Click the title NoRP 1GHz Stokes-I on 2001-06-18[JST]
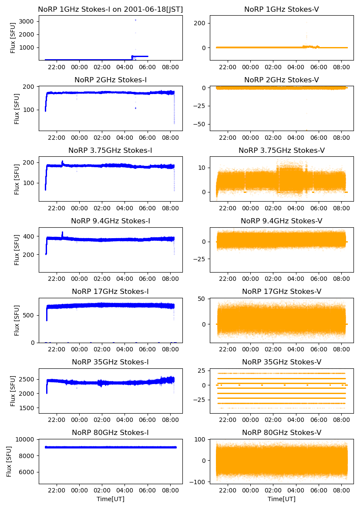(x=111, y=9)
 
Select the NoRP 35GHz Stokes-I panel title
(x=111, y=362)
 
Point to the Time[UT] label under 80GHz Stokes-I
(x=111, y=499)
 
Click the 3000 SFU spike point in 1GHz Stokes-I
(x=135, y=20)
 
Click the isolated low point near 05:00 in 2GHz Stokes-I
(x=135, y=108)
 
